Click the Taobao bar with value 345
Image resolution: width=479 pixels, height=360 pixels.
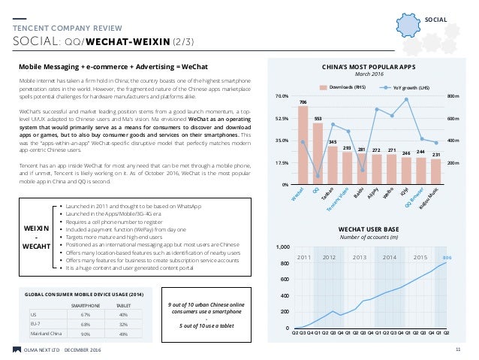333,165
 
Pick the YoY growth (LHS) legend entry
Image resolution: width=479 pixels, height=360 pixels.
404,87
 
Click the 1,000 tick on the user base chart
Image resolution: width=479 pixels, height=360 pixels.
283,247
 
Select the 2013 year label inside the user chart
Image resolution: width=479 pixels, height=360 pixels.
360,257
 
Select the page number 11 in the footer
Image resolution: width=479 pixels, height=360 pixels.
458,349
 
